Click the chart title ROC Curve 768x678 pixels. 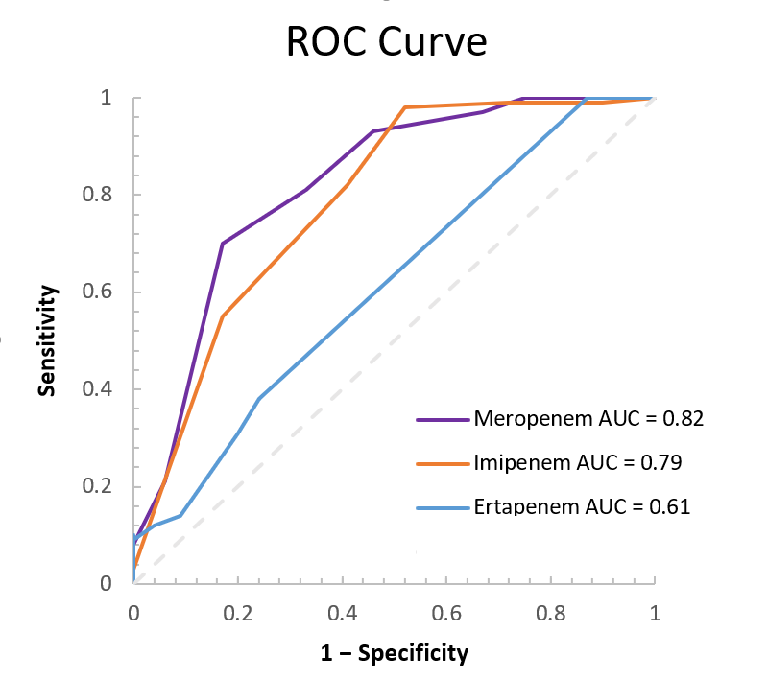pyautogui.click(x=387, y=44)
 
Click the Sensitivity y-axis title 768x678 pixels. pyautogui.click(x=45, y=340)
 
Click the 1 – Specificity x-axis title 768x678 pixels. pyautogui.click(x=395, y=654)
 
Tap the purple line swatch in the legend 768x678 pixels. pyautogui.click(x=444, y=419)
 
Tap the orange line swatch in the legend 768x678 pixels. pyautogui.click(x=444, y=463)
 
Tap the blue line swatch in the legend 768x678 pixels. pyautogui.click(x=444, y=507)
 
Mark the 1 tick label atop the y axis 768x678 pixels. pyautogui.click(x=108, y=98)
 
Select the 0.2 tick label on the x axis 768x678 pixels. pyautogui.click(x=238, y=611)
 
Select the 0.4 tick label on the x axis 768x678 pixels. pyautogui.click(x=343, y=611)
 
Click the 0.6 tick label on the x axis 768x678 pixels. pyautogui.click(x=446, y=611)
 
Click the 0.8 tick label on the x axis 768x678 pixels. pyautogui.click(x=551, y=611)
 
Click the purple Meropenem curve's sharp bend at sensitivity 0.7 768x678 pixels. pyautogui.click(x=223, y=244)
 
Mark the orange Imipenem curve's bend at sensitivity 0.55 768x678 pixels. pyautogui.click(x=223, y=316)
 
